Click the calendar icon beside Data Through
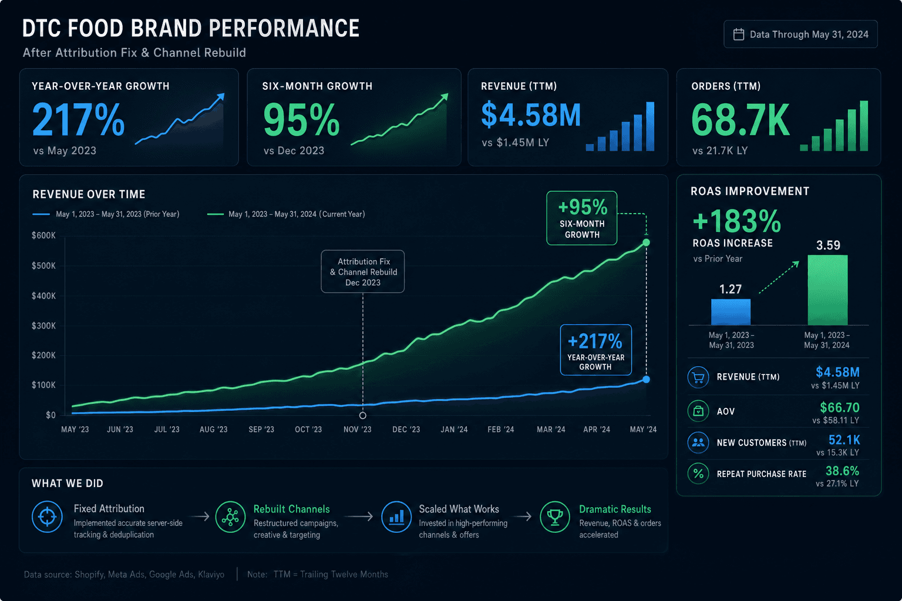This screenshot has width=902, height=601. [x=739, y=34]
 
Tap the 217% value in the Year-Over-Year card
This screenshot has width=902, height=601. [x=78, y=119]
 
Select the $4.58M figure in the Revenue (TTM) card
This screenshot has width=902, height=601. [x=531, y=114]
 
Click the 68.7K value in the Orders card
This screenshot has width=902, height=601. [x=740, y=120]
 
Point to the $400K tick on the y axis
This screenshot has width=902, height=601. [x=43, y=296]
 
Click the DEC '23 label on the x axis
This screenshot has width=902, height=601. [x=406, y=430]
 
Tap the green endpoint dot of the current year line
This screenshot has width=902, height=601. [x=647, y=242]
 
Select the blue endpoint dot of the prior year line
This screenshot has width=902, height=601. [x=647, y=379]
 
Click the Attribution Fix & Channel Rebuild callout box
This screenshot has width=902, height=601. [x=363, y=272]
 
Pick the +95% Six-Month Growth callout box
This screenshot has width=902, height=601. [x=582, y=218]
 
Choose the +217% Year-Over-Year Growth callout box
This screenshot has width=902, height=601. [x=596, y=350]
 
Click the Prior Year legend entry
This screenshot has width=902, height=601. [x=106, y=214]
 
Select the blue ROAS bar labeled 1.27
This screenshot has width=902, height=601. [x=731, y=312]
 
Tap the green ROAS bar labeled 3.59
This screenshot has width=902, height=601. [x=828, y=290]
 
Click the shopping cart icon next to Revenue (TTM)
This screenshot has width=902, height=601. [x=698, y=377]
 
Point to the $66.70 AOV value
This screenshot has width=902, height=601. [x=840, y=407]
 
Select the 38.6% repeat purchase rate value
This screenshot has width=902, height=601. [x=842, y=471]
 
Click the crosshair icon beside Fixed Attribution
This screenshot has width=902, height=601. [x=47, y=517]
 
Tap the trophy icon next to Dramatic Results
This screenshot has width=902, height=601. [x=555, y=517]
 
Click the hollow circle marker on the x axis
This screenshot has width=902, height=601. [x=363, y=415]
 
